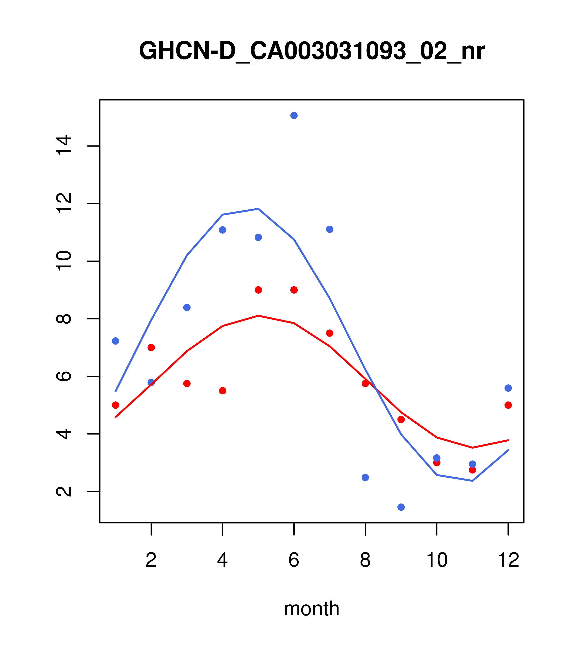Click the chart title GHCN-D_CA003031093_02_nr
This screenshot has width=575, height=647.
[312, 51]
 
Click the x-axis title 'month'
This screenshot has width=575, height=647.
[312, 609]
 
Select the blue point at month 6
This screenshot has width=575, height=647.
[294, 115]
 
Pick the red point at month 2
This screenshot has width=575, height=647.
[151, 348]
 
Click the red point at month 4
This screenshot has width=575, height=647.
[223, 391]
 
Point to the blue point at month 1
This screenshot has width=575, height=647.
[115, 341]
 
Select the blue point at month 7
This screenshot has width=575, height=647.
[330, 229]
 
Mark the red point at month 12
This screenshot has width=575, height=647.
[508, 405]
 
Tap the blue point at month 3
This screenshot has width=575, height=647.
[187, 307]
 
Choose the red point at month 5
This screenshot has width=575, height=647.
[258, 290]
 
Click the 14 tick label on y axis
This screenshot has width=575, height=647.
[63, 146]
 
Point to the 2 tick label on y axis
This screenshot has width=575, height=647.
[63, 492]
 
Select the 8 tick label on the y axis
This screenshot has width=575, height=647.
[63, 319]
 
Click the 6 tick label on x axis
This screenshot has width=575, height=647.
[294, 560]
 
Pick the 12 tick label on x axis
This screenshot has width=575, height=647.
[508, 560]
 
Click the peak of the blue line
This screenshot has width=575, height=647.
[258, 209]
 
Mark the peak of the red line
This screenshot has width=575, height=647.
[258, 316]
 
